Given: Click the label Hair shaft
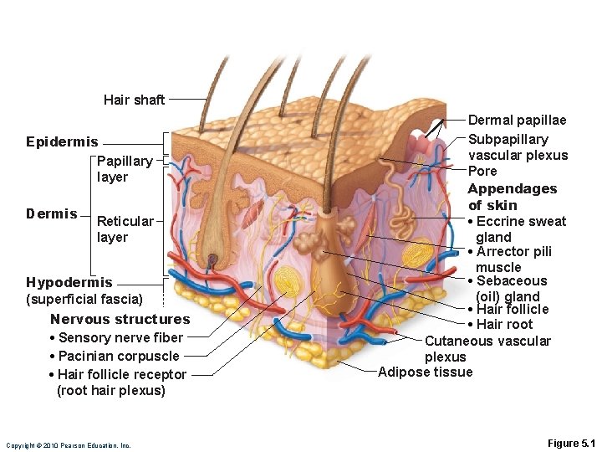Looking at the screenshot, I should [x=134, y=100].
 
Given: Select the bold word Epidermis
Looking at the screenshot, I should [x=62, y=141].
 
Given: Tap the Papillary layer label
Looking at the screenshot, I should [x=125, y=168].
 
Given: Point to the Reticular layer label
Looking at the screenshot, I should [x=125, y=229].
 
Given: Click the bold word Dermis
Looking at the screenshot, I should [x=51, y=213].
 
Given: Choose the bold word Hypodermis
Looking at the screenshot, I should [x=69, y=282].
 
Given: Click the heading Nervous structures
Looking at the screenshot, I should [x=120, y=319].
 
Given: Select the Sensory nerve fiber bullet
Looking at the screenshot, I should [x=117, y=337].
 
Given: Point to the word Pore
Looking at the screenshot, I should [x=482, y=171].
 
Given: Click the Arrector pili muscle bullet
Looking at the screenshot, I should [x=513, y=259].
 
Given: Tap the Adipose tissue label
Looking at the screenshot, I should [x=425, y=372].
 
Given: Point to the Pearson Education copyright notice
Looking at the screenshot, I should [x=68, y=445].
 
